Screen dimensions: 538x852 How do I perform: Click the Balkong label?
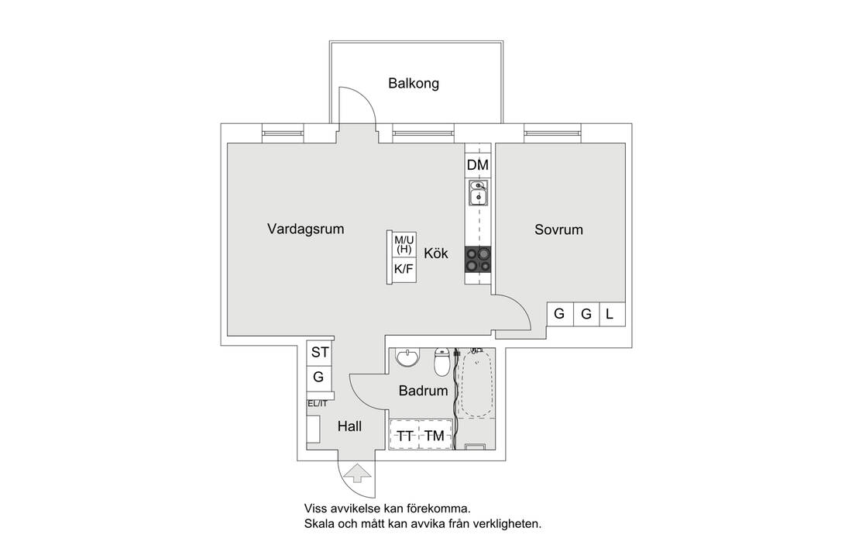pyautogui.click(x=414, y=84)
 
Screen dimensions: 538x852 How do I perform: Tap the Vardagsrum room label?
pyautogui.click(x=305, y=229)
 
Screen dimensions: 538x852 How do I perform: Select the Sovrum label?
pyautogui.click(x=558, y=230)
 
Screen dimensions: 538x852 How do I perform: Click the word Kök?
pyautogui.click(x=435, y=253)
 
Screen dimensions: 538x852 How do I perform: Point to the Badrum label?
pyautogui.click(x=423, y=391)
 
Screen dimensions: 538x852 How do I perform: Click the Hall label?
pyautogui.click(x=349, y=426)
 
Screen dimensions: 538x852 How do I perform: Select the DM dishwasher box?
pyautogui.click(x=477, y=165)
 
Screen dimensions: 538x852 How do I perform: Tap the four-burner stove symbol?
pyautogui.click(x=477, y=259)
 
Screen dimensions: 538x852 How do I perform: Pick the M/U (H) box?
pyautogui.click(x=404, y=245)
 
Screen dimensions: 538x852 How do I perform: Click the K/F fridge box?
pyautogui.click(x=403, y=270)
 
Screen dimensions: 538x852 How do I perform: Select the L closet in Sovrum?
pyautogui.click(x=610, y=314)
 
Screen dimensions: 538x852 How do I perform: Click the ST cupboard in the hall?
pyautogui.click(x=320, y=353)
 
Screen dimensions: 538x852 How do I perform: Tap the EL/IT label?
pyautogui.click(x=318, y=404)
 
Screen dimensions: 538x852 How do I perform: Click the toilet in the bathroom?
pyautogui.click(x=442, y=361)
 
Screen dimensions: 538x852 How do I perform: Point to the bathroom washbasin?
pyautogui.click(x=407, y=358)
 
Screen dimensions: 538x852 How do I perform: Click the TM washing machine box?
pyautogui.click(x=435, y=436)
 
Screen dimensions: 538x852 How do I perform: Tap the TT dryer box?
pyautogui.click(x=405, y=436)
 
